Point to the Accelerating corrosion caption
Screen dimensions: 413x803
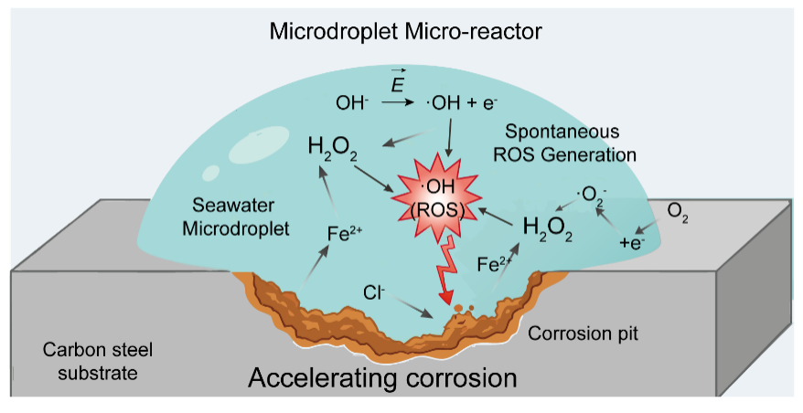383,376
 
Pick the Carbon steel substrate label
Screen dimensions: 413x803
85,361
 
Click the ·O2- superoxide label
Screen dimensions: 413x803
587,195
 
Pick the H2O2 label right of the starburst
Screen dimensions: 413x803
548,228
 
